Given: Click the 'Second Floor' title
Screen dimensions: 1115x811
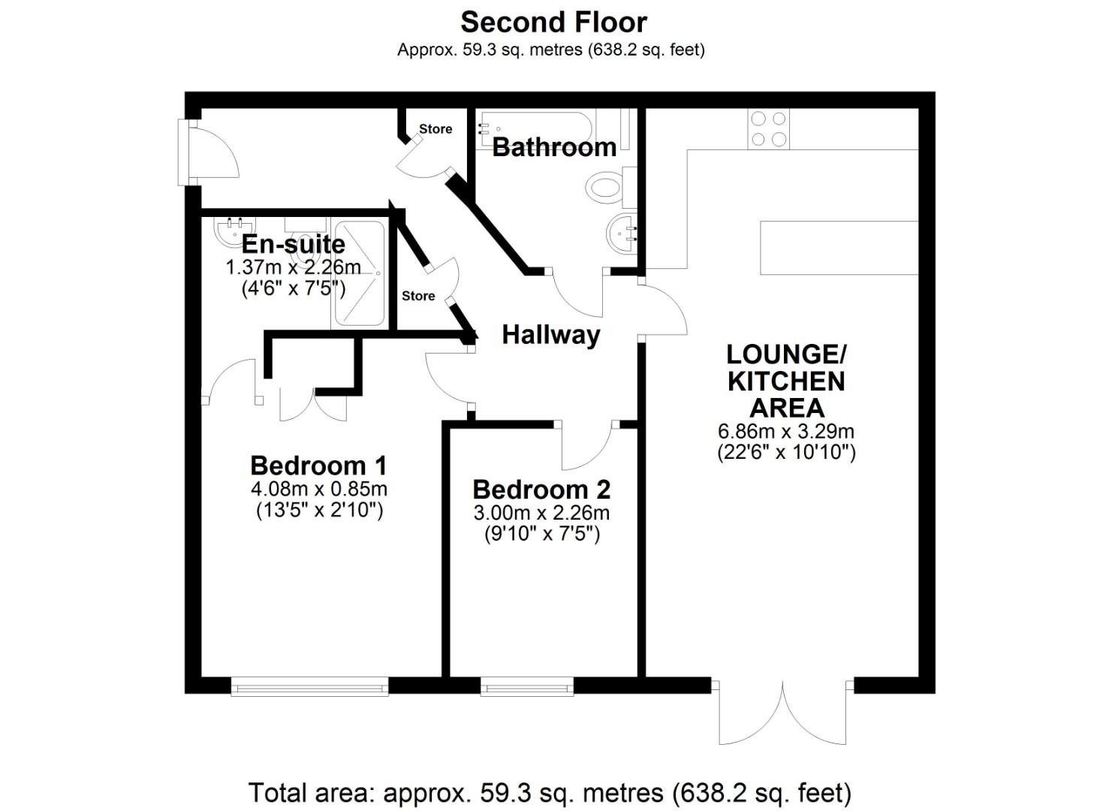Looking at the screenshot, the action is [553, 23].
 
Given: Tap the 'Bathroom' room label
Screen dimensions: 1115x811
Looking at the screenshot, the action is [555, 147].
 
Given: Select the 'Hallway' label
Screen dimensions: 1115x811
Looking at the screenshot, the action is [551, 335].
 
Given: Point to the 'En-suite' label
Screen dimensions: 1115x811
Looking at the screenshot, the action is [293, 244].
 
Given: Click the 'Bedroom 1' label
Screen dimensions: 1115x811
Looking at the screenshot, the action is [318, 466].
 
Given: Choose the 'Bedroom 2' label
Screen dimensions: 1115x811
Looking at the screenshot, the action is [541, 490].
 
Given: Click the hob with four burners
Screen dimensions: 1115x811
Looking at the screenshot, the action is [768, 128].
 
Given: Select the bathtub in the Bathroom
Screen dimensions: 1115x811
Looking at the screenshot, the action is [535, 128].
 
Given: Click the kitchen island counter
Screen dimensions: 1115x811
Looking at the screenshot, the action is [839, 248].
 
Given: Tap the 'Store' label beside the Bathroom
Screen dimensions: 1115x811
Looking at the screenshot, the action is [435, 129].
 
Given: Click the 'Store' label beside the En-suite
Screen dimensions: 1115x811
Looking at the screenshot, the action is [418, 296].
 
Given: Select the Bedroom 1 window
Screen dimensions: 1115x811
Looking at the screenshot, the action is [309, 686].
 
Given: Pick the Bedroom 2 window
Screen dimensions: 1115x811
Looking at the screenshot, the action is [527, 686].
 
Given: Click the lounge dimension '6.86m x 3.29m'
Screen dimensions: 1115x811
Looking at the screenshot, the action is [786, 431].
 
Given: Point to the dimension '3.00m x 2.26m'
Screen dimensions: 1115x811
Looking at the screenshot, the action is [541, 513].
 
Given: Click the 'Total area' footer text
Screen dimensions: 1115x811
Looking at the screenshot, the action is [550, 792].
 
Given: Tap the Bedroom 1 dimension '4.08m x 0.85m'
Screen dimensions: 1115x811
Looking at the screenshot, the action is [319, 489].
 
